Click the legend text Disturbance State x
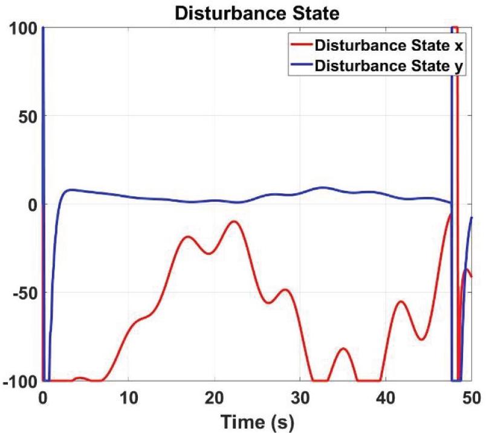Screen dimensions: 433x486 pyautogui.click(x=389, y=45)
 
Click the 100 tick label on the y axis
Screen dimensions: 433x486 pyautogui.click(x=24, y=28)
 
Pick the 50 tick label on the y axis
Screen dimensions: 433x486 pyautogui.click(x=27, y=116)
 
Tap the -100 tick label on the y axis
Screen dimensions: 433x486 pyautogui.click(x=20, y=381)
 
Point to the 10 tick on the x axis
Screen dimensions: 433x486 pyautogui.click(x=128, y=397)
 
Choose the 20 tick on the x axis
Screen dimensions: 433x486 pyautogui.click(x=214, y=397)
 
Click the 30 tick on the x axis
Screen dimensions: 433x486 pyautogui.click(x=300, y=397)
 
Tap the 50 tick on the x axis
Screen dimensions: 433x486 pyautogui.click(x=471, y=397)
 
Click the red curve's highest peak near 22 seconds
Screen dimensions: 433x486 pyautogui.click(x=234, y=222)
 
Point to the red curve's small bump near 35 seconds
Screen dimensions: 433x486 pyautogui.click(x=343, y=348)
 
